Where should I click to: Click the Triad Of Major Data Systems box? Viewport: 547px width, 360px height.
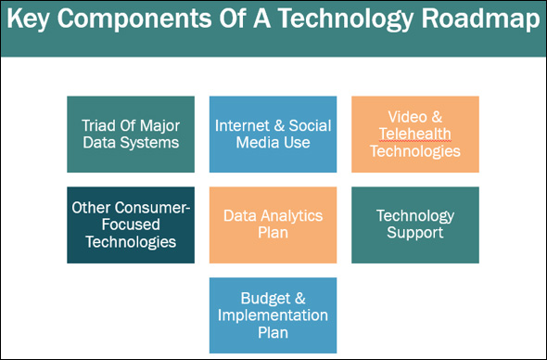pyautogui.click(x=131, y=134)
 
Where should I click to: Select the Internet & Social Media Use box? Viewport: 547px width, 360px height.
pyautogui.click(x=273, y=134)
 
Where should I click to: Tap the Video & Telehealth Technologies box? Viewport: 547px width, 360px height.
pyautogui.click(x=414, y=134)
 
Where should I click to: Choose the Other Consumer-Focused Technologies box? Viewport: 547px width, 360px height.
pyautogui.click(x=131, y=225)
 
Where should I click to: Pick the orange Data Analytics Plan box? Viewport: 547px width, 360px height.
pyautogui.click(x=273, y=225)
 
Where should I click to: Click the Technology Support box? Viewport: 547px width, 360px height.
pyautogui.click(x=414, y=225)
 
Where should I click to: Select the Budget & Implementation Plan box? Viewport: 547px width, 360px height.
pyautogui.click(x=273, y=315)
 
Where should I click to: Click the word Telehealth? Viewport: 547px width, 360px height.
pyautogui.click(x=414, y=135)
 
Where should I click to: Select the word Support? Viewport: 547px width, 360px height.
pyautogui.click(x=415, y=233)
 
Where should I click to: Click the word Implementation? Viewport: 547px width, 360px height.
pyautogui.click(x=273, y=315)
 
